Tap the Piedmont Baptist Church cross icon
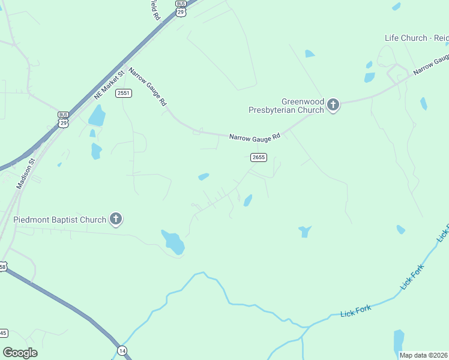pos(116,220)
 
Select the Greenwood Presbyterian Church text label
pos(287,106)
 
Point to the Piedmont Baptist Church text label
pos(59,220)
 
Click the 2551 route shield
pos(124,93)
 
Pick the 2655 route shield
pos(258,157)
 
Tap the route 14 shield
pos(122,350)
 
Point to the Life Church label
pos(416,38)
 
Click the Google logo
pos(20,353)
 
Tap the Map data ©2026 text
pos(424,355)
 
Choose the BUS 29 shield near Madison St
pos(64,119)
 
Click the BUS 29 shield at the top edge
pos(181,7)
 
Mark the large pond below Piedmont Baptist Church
pos(173,242)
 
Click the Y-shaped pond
pos(305,231)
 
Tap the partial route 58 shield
pos(3,267)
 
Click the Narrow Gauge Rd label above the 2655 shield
pos(255,137)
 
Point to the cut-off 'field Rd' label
pos(155,10)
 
